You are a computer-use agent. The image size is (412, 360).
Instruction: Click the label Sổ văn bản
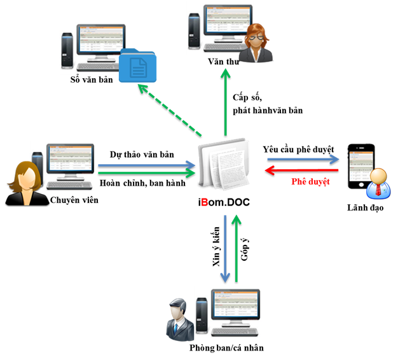[x=95, y=81]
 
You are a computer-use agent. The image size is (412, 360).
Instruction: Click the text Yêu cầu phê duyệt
[x=298, y=149]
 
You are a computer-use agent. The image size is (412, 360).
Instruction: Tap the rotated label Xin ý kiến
[x=217, y=251]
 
